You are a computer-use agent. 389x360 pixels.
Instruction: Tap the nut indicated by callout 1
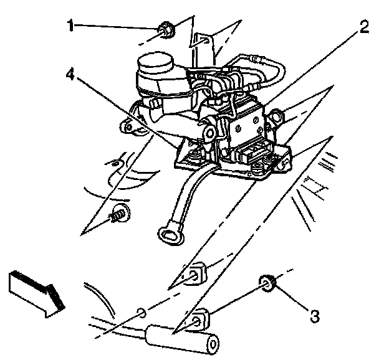tap(166, 29)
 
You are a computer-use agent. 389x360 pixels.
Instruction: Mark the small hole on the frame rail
tap(142, 311)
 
